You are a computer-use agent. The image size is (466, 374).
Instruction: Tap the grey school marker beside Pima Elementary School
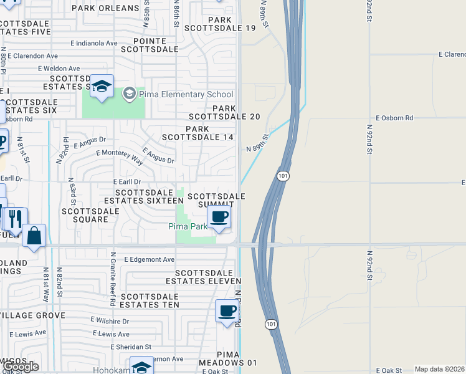point(129,95)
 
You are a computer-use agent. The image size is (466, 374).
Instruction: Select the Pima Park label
point(188,226)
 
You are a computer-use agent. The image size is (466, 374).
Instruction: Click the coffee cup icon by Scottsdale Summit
point(219,218)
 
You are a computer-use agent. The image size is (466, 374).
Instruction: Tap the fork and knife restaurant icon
point(15,219)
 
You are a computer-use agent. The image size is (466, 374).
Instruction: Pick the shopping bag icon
point(34,236)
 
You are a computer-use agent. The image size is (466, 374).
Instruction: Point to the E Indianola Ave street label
point(94,44)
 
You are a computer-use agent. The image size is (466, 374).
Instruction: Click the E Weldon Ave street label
point(59,69)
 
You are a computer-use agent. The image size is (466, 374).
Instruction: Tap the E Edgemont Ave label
point(150,259)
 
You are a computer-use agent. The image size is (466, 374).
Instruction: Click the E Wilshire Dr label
point(109,321)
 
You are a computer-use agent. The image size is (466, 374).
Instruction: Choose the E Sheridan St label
point(131,347)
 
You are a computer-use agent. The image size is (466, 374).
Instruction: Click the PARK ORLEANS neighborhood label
point(106,8)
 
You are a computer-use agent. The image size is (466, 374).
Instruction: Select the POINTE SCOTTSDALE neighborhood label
point(150,44)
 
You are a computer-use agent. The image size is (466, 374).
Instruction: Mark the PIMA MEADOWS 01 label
point(229,358)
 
